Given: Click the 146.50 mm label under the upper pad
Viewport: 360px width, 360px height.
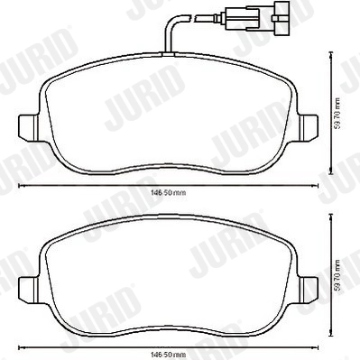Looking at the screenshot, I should [168, 192].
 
